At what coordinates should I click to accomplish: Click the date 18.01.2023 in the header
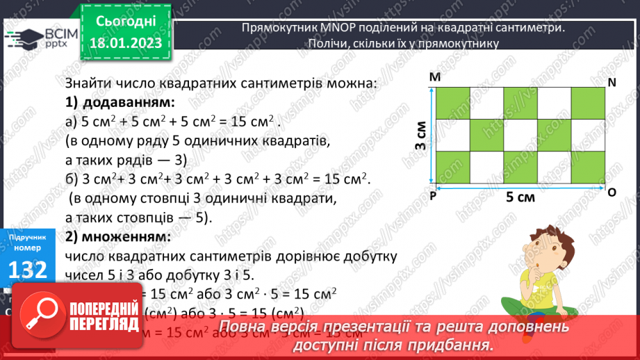point(125,43)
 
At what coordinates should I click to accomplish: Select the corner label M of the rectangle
point(435,78)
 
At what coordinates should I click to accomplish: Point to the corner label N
point(612,82)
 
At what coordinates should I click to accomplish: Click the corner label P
point(432,197)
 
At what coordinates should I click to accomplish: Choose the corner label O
point(612,192)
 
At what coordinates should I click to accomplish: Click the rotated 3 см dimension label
point(420,137)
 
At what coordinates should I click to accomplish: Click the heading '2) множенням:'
point(118,236)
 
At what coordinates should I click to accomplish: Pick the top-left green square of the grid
point(452,104)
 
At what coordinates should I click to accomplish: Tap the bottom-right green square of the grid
point(587,169)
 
